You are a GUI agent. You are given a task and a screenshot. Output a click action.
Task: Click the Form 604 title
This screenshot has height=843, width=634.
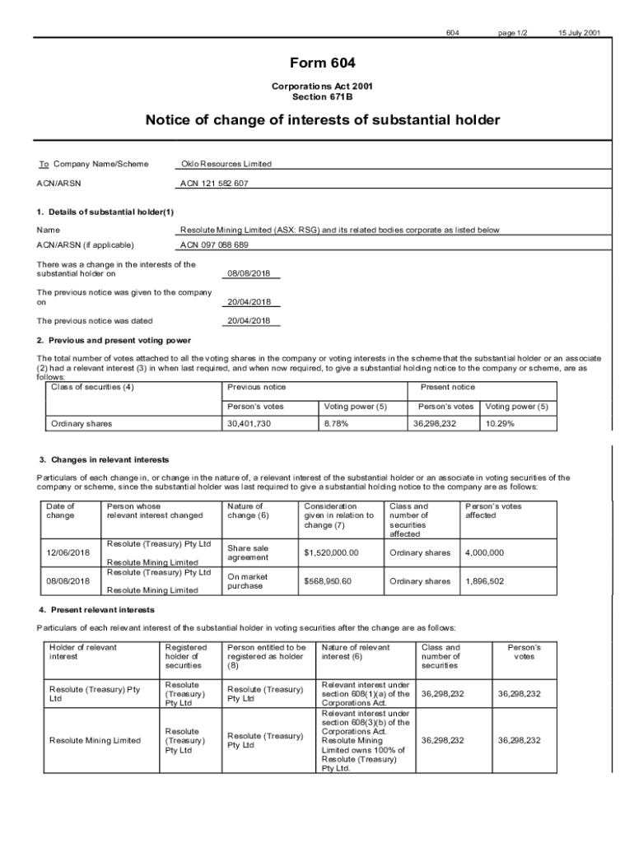point(322,63)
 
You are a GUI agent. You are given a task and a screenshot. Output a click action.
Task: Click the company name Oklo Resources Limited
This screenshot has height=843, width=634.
point(226,164)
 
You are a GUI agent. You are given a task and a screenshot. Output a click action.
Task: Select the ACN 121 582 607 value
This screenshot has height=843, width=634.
point(214,184)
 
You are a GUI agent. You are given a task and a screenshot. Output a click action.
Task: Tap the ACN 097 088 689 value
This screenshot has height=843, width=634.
point(214,245)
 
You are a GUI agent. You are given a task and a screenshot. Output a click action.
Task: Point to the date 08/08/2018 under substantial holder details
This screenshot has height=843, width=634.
point(249,273)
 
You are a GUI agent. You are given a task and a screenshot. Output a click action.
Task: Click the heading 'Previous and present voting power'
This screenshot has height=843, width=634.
point(119,340)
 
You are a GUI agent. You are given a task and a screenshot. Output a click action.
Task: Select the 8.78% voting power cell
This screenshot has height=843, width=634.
point(336,423)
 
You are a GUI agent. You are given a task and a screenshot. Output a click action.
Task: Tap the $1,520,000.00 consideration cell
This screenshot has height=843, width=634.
point(331,552)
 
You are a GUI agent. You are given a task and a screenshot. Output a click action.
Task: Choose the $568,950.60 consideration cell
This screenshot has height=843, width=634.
point(328,581)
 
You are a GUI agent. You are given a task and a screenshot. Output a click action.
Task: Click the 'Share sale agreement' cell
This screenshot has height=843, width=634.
point(248,552)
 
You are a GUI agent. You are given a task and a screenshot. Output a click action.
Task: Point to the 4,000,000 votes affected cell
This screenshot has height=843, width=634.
point(485,552)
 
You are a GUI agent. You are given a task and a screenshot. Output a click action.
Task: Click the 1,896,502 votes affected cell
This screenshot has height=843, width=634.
point(485,581)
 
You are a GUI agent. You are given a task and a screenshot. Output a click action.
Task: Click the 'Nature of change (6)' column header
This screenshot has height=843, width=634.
point(246,510)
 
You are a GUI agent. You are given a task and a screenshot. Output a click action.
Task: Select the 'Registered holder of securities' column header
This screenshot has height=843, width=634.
point(186,656)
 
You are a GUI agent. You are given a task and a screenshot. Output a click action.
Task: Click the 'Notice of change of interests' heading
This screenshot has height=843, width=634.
point(322,120)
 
